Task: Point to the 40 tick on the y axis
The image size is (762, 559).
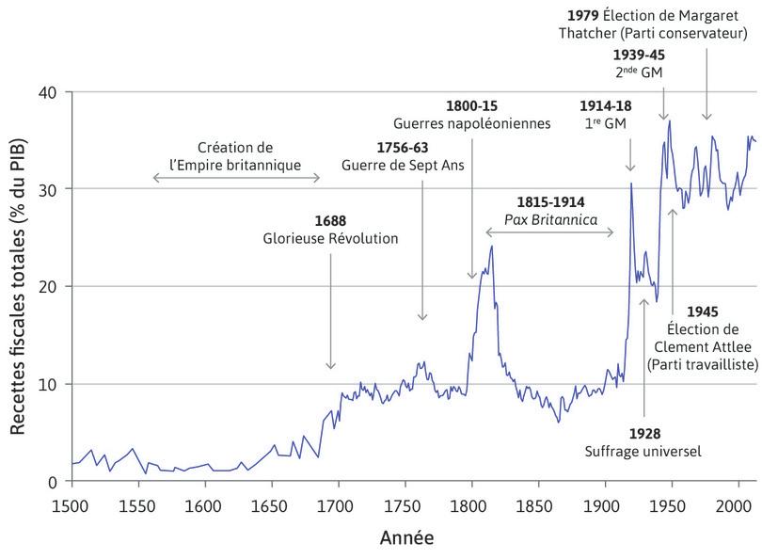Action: click(49, 92)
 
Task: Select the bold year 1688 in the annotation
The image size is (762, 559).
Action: click(330, 220)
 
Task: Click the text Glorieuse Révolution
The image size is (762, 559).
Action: click(330, 239)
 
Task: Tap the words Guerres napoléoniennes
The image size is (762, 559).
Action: click(472, 123)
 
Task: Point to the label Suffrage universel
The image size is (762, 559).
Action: click(644, 452)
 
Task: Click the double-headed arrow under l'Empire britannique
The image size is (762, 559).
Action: click(235, 177)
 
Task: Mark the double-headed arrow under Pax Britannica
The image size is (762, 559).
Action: click(550, 232)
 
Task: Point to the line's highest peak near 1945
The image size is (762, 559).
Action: click(669, 120)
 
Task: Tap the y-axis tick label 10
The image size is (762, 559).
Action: click(49, 384)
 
